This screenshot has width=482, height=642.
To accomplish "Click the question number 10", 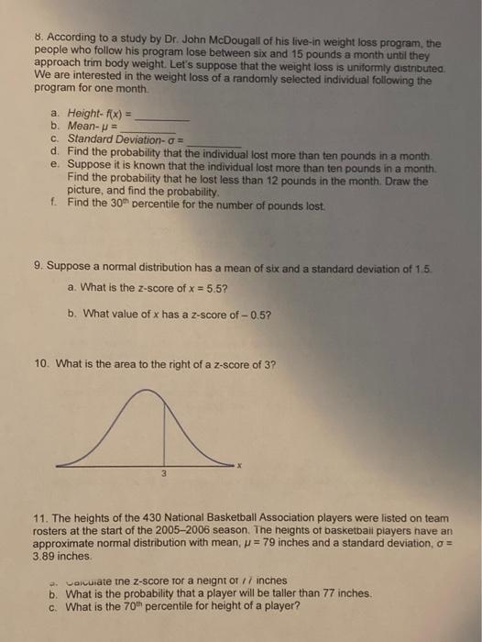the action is pyautogui.click(x=39, y=364).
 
